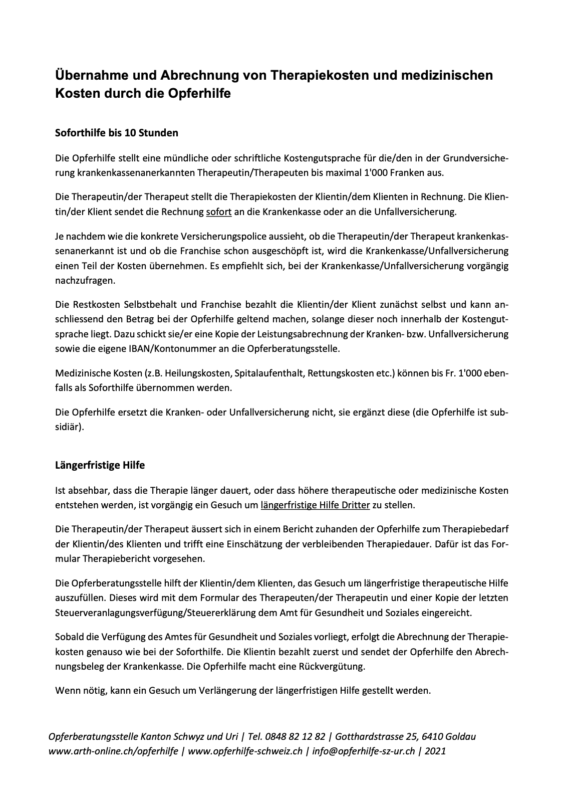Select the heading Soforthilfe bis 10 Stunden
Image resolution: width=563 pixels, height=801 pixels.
116,133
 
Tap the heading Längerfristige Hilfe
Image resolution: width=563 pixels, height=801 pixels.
100,465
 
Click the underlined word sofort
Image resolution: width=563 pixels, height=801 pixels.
218,212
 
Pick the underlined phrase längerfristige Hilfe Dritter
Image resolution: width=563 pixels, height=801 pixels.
315,505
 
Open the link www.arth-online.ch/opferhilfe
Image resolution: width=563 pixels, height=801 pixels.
113,751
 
